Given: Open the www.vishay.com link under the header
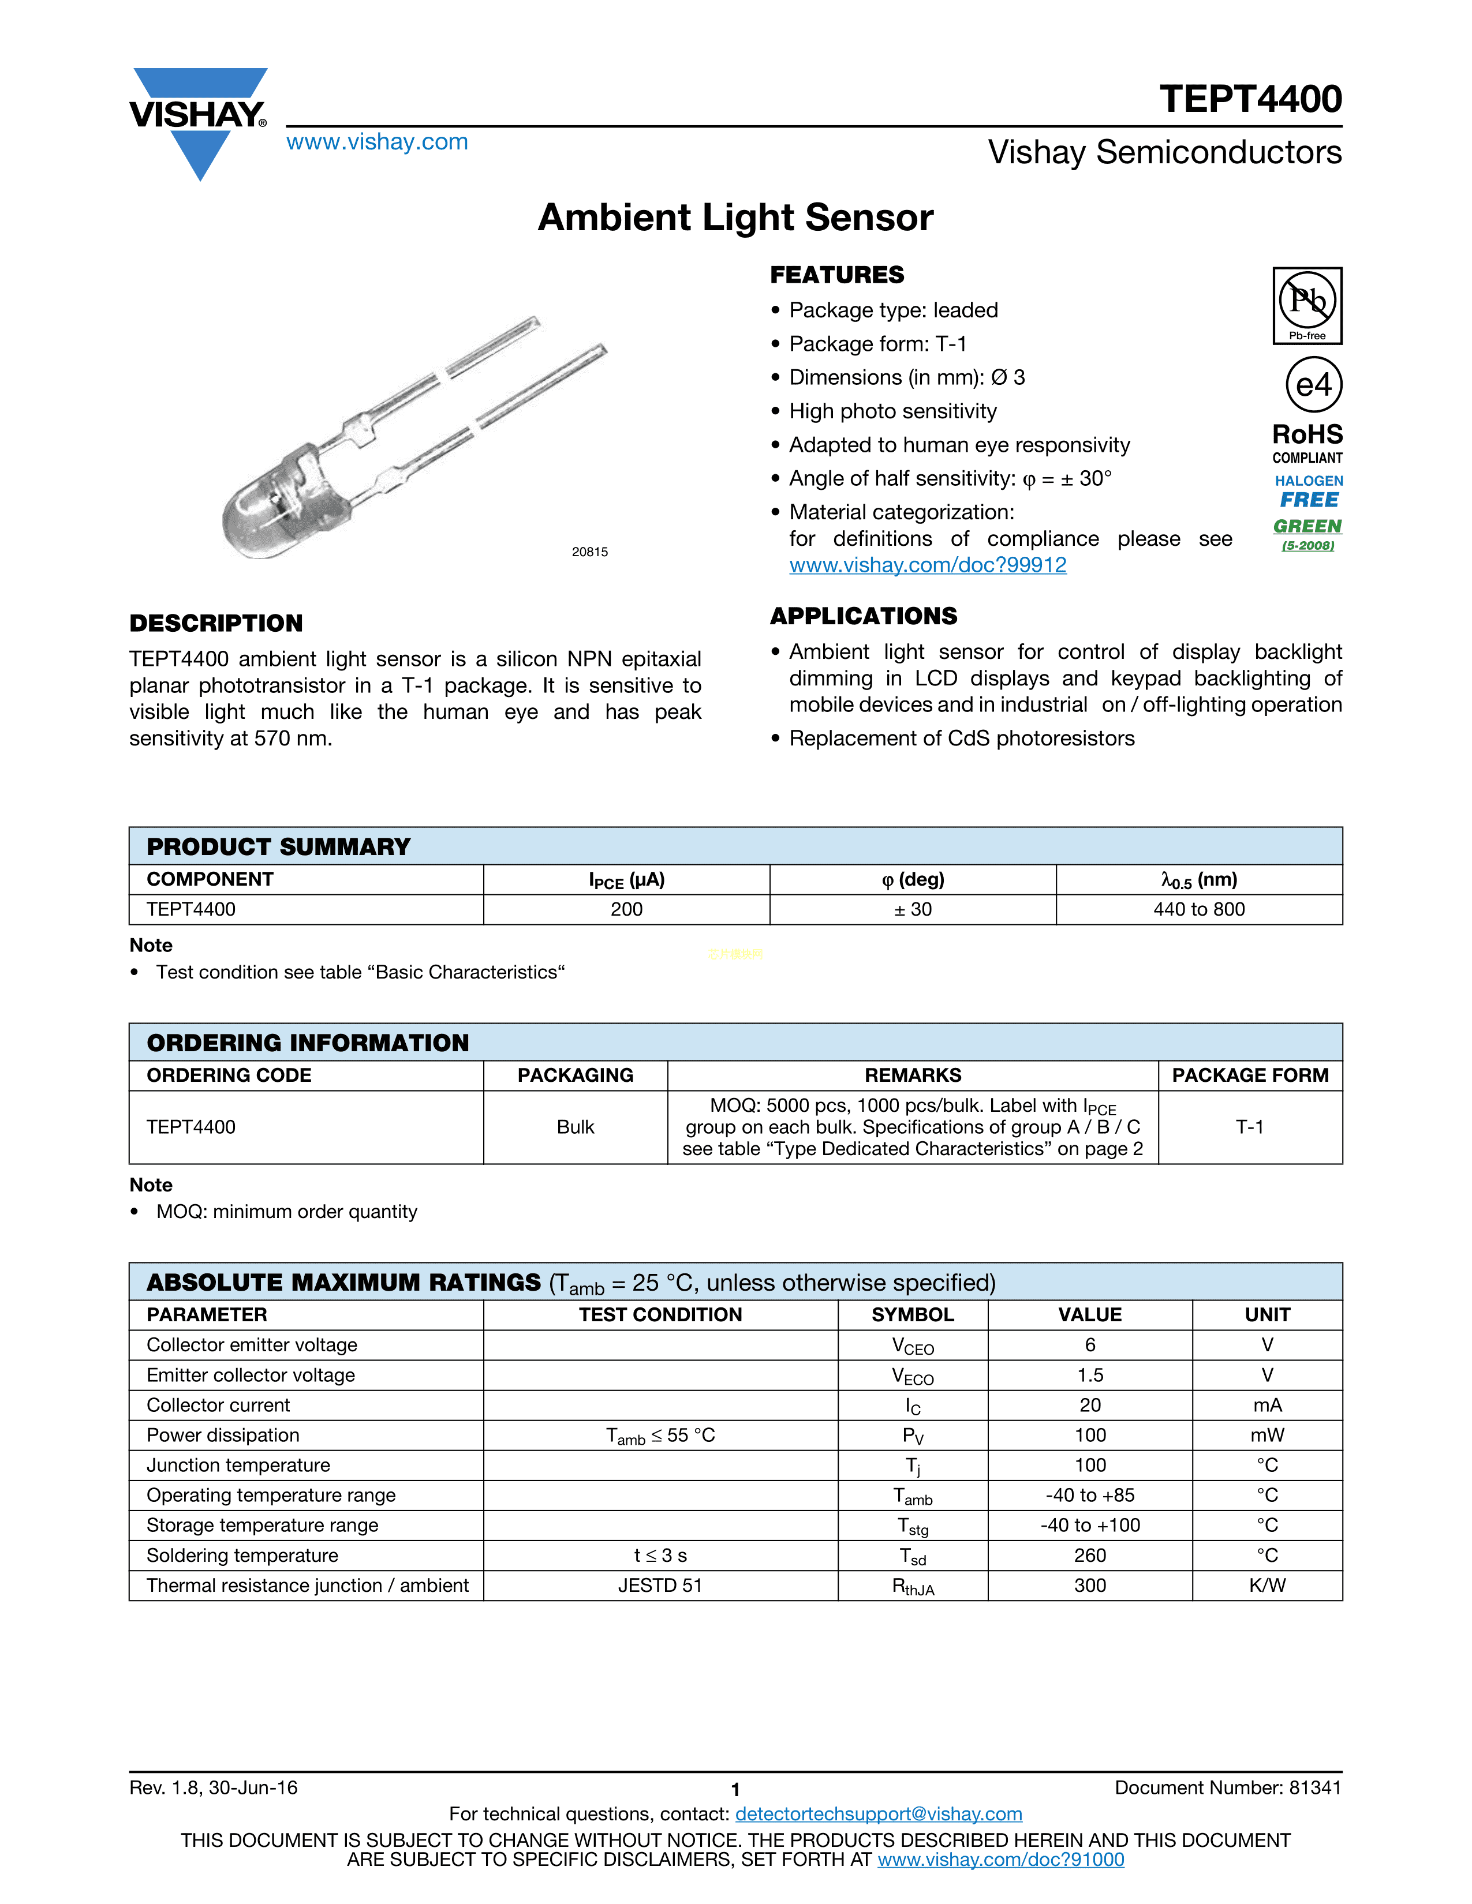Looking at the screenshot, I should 377,142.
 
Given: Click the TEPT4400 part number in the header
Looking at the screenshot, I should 1250,99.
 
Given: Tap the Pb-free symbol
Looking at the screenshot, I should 1306,305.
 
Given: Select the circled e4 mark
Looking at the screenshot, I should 1313,384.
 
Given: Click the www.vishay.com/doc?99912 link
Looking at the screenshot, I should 927,565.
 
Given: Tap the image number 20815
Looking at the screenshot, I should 589,552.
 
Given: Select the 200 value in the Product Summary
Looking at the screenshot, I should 626,909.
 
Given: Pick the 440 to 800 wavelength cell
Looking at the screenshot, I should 1198,909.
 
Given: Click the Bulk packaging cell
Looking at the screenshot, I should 575,1127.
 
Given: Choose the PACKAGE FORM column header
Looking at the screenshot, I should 1250,1075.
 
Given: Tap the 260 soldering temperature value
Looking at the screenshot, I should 1089,1556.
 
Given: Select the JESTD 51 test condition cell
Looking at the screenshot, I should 660,1586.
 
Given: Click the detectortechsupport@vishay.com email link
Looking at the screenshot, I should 878,1814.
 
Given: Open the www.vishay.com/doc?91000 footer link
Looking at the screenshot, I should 1000,1860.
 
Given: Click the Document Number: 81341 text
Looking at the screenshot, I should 1227,1788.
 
